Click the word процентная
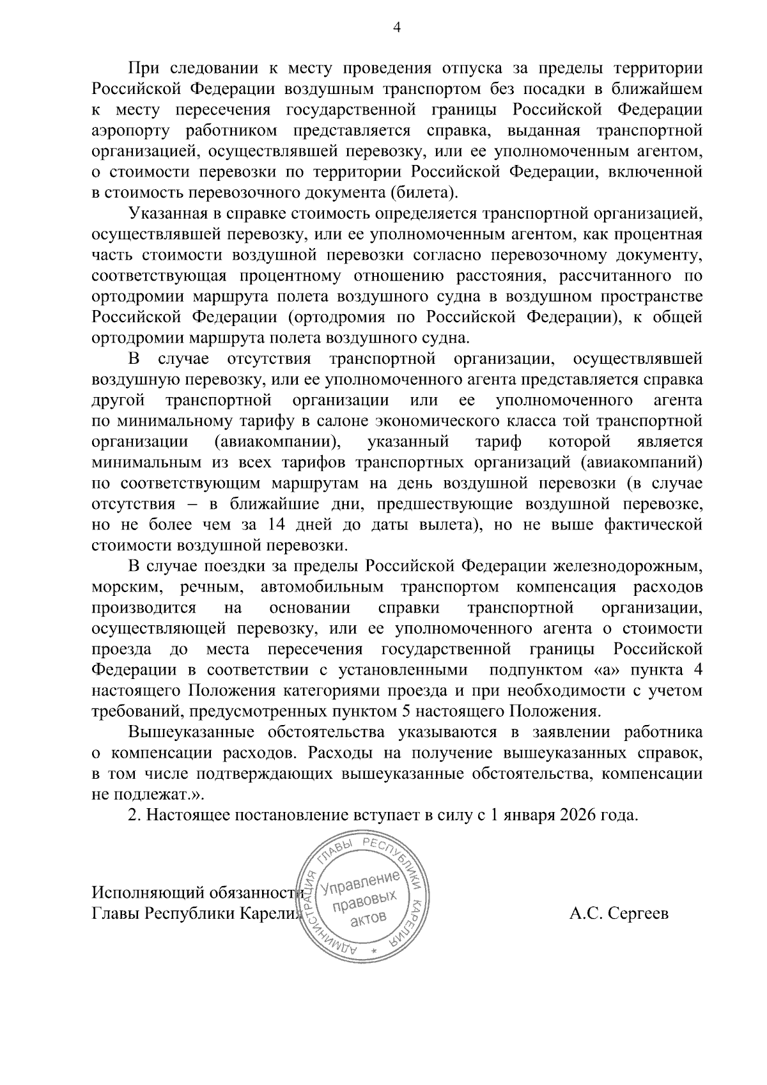tap(662, 233)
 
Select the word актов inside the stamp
tap(368, 918)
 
